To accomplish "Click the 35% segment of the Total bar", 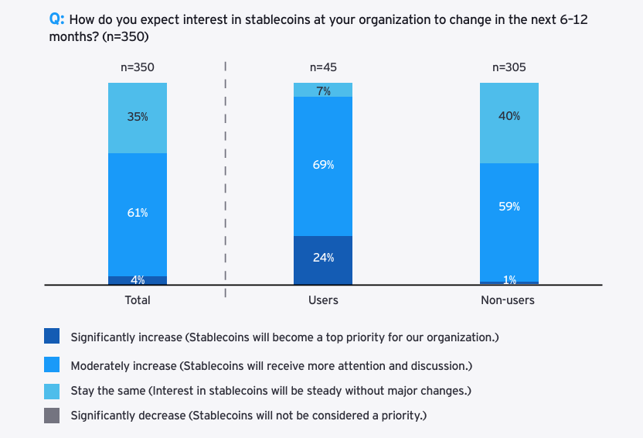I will click(x=138, y=118).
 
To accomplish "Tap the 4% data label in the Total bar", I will click(x=138, y=280).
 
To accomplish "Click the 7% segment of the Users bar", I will click(x=323, y=90).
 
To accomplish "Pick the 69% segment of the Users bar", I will click(x=323, y=166).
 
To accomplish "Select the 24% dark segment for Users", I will click(x=323, y=259).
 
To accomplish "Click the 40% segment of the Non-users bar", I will click(x=509, y=122).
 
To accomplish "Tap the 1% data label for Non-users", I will click(x=509, y=279).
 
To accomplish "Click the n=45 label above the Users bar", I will click(x=323, y=67).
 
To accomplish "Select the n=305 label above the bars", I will click(x=509, y=67).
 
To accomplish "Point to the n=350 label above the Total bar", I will click(x=138, y=67).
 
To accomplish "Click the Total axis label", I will click(x=138, y=300).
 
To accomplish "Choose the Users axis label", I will click(x=323, y=300).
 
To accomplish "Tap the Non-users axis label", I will click(x=509, y=300).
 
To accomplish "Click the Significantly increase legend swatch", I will click(x=53, y=337).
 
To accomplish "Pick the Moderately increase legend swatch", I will click(x=53, y=364).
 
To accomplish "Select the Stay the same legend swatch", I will click(x=53, y=391).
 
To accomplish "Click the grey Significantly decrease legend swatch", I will click(x=53, y=416).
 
